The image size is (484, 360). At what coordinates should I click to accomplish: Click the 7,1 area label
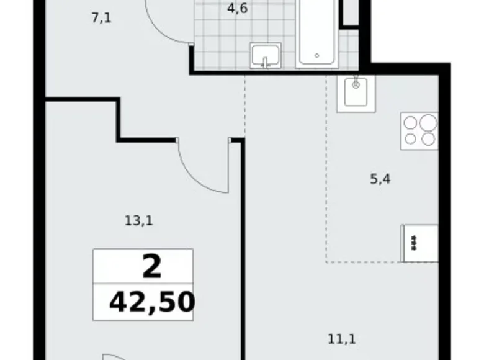pyautogui.click(x=101, y=18)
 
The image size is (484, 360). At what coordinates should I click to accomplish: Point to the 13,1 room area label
pyautogui.click(x=139, y=219)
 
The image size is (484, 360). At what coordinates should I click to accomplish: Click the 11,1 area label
pyautogui.click(x=341, y=340)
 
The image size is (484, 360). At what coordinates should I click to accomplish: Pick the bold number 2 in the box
pyautogui.click(x=151, y=267)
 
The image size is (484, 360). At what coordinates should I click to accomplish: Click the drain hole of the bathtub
pyautogui.click(x=316, y=55)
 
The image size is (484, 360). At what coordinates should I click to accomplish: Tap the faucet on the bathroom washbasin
pyautogui.click(x=266, y=61)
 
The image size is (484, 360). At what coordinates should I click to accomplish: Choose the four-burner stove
pyautogui.click(x=419, y=130)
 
